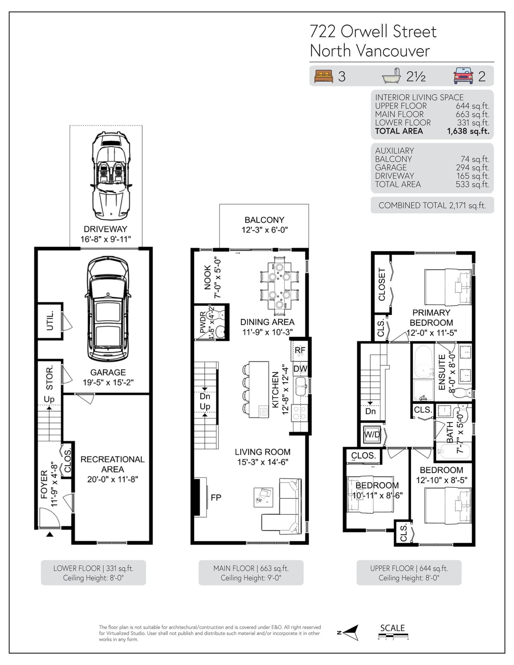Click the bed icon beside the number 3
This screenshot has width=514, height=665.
click(x=324, y=76)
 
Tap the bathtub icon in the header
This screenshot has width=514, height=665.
click(x=392, y=76)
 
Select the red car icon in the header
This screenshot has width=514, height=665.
click(x=463, y=76)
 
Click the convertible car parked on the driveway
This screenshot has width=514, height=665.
click(x=111, y=175)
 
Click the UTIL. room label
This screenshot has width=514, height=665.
click(x=50, y=320)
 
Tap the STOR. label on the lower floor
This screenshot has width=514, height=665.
click(x=49, y=378)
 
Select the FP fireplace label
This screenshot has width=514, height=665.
click(x=216, y=497)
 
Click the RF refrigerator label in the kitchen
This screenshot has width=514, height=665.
click(x=300, y=350)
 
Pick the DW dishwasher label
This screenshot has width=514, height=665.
click(x=300, y=369)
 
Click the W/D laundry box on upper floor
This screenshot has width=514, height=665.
click(x=372, y=434)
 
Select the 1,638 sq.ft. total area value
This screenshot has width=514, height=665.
click(x=468, y=131)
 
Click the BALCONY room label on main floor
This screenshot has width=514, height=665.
click(x=264, y=220)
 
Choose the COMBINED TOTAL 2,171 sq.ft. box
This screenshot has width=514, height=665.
click(x=432, y=206)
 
